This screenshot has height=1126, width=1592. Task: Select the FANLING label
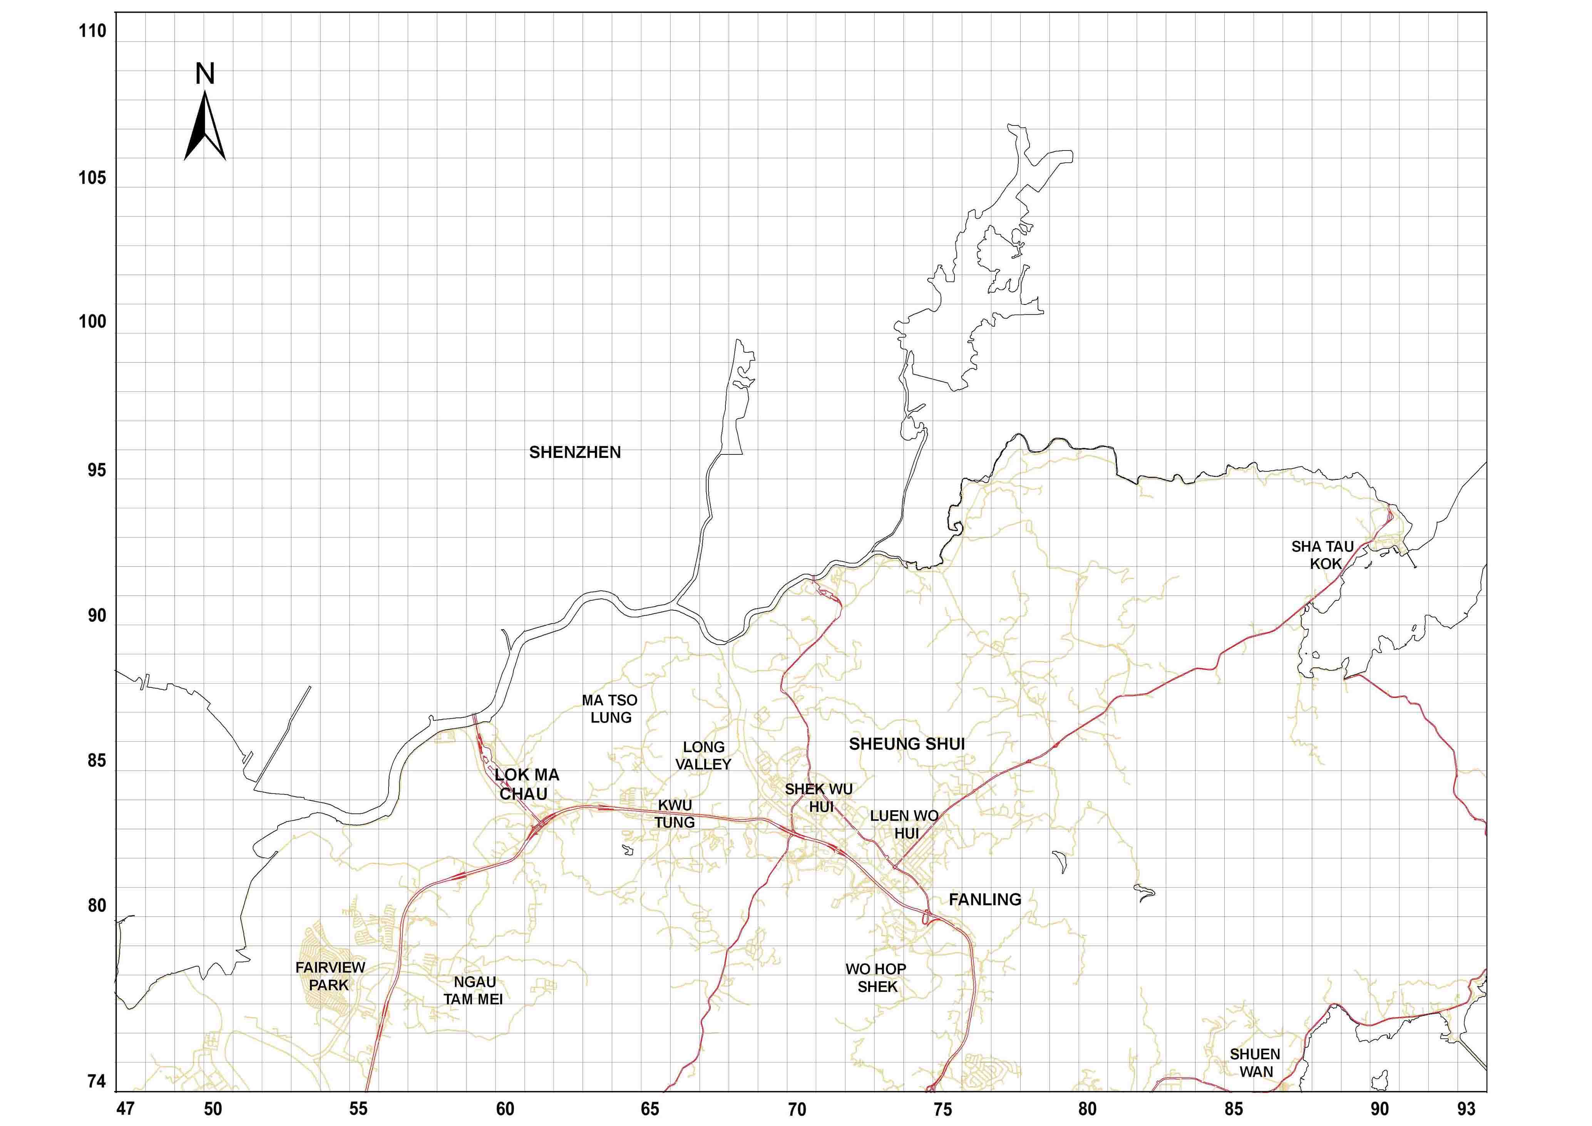[984, 900]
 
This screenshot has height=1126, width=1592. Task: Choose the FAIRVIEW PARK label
[330, 976]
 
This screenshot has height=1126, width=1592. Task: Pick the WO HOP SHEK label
[876, 978]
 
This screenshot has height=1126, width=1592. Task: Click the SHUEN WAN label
[1255, 1063]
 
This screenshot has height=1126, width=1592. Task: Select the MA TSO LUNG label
[610, 709]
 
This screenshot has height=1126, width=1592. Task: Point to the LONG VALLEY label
[704, 756]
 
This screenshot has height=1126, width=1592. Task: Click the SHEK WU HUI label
[819, 798]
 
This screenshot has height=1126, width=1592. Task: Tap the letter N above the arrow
[204, 74]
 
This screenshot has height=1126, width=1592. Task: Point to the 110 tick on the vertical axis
[92, 31]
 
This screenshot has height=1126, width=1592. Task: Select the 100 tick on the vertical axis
[92, 322]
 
